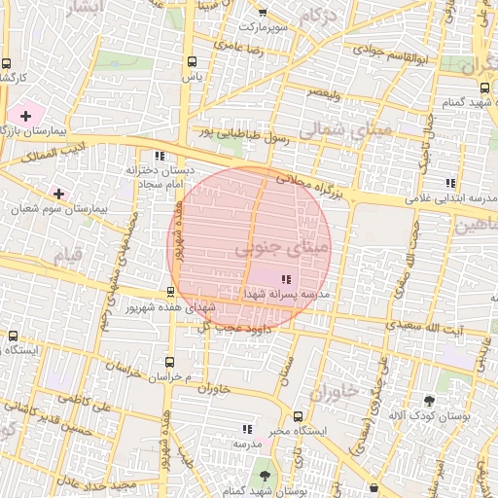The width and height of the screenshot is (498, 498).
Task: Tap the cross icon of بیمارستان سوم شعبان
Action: tap(59, 194)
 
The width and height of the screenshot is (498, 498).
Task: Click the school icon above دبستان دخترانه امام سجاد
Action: tap(160, 156)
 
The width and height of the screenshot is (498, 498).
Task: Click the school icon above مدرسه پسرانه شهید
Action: tap(285, 279)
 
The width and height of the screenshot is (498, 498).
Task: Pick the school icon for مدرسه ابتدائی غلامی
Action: tap(449, 182)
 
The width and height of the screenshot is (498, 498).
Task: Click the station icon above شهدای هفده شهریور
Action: tap(171, 291)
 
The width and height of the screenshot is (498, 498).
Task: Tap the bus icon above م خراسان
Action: tap(171, 361)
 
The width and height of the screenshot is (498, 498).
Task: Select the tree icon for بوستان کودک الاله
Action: tap(429, 400)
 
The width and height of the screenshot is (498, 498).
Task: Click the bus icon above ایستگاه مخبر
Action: tap(291, 413)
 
